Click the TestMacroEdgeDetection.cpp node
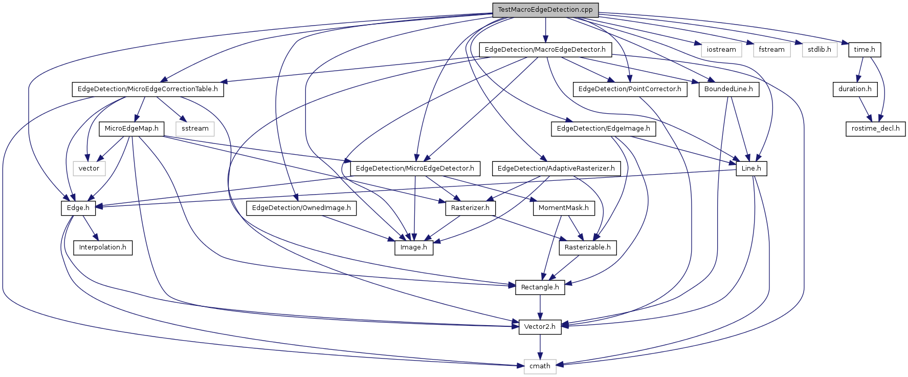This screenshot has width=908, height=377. click(x=545, y=10)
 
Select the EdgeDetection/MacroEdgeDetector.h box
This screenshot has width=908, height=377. click(x=545, y=50)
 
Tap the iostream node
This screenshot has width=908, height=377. click(x=721, y=50)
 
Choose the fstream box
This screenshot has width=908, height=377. click(x=771, y=50)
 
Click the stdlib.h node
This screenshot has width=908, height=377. click(x=820, y=50)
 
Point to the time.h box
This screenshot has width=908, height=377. click(x=865, y=50)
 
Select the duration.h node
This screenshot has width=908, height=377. click(x=855, y=89)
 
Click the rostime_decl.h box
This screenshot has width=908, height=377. click(x=875, y=129)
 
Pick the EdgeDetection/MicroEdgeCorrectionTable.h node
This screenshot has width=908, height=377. click(x=147, y=89)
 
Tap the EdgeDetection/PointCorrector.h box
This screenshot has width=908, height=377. click(x=630, y=89)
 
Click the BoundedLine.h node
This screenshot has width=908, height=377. click(x=728, y=89)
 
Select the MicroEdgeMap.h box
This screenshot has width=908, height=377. click(x=131, y=129)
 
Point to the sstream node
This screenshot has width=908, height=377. click(x=195, y=129)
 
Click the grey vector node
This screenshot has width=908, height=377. click(x=89, y=169)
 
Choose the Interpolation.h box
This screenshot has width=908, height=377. click(x=103, y=247)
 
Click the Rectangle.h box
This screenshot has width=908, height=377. click(x=540, y=287)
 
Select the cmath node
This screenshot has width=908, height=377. click(x=540, y=366)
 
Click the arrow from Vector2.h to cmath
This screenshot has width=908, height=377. click(x=540, y=347)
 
